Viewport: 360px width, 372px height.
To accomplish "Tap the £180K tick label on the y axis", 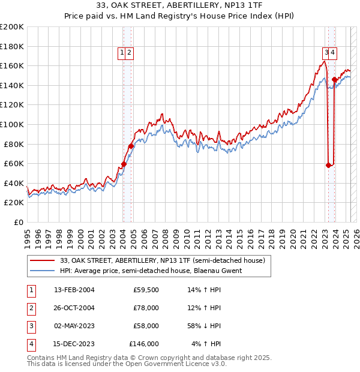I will [12, 46].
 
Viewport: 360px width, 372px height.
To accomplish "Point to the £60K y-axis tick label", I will [14, 163].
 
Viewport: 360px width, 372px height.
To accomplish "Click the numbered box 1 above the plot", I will [122, 53].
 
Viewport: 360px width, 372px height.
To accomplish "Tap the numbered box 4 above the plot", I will [332, 53].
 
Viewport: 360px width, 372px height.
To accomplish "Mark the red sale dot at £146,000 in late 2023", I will [334, 79].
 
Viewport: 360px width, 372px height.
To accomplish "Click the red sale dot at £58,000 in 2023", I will [328, 166].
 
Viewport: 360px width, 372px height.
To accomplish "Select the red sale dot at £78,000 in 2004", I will [131, 146].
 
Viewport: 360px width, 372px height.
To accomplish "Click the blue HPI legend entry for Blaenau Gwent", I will [151, 271].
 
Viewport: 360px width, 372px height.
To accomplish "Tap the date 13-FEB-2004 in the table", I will [74, 290].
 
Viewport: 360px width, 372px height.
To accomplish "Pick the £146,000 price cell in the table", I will [144, 344].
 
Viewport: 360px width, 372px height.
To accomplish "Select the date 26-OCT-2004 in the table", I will [74, 308].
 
